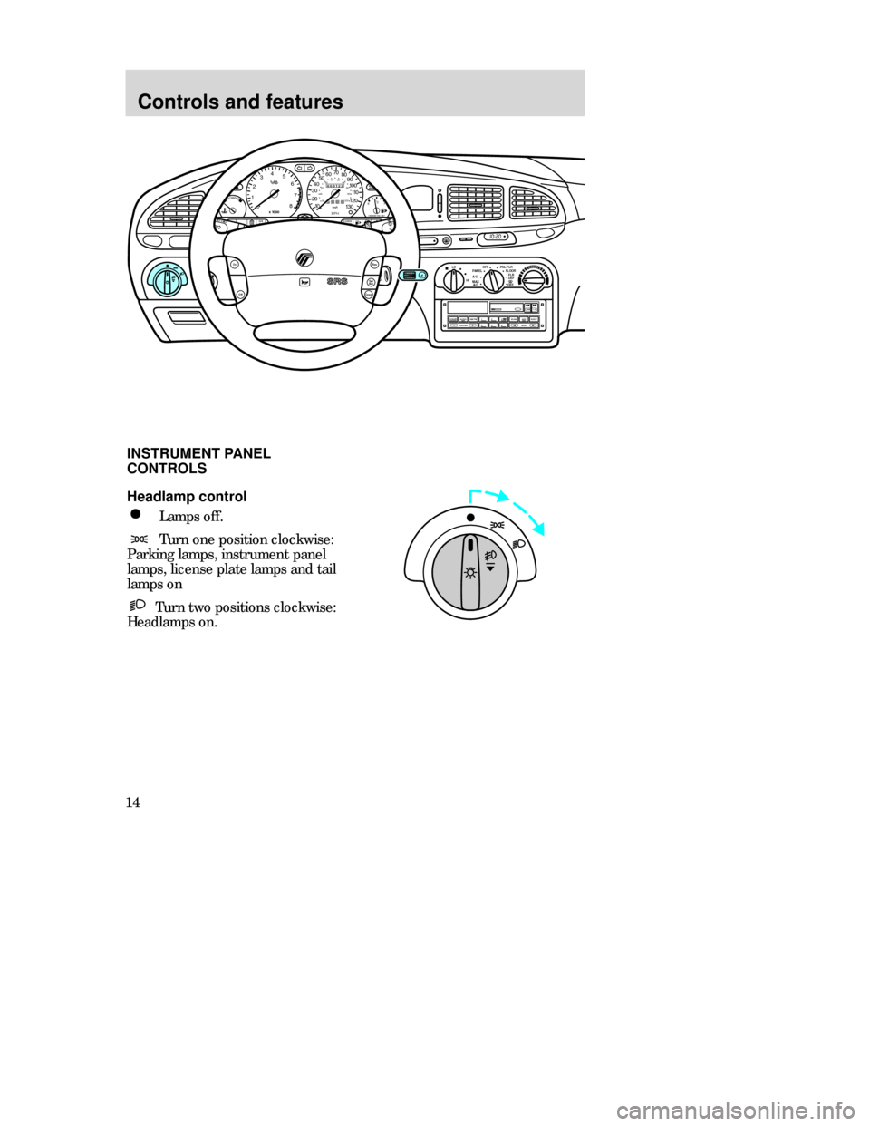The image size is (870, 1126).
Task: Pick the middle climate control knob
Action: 492,280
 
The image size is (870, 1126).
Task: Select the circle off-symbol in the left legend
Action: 132,514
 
